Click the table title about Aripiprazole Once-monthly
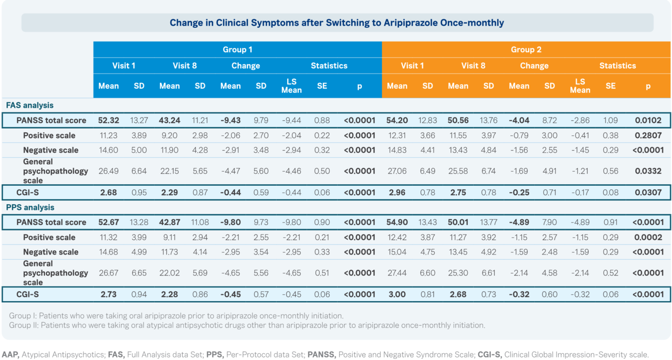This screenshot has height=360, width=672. tap(337, 23)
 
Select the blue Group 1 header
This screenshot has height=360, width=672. tap(237, 49)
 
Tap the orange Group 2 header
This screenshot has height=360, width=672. tap(526, 49)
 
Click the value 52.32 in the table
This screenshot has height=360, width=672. tap(108, 121)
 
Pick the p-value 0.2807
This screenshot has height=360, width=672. tap(647, 135)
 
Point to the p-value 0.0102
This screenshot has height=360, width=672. tap(647, 121)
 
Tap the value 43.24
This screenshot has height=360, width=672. tap(170, 121)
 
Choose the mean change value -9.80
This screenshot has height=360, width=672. tap(230, 222)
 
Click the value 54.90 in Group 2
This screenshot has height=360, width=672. tap(397, 222)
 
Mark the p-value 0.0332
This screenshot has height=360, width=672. tap(647, 171)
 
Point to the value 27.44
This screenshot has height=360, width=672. tap(397, 273)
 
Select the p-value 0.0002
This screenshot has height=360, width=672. tap(647, 237)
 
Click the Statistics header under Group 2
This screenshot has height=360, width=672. tap(617, 66)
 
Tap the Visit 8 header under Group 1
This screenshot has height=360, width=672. tap(184, 66)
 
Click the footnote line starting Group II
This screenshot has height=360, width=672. tap(247, 325)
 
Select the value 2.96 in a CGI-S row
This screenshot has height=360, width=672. tap(397, 193)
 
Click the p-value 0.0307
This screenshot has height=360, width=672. tap(647, 193)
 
